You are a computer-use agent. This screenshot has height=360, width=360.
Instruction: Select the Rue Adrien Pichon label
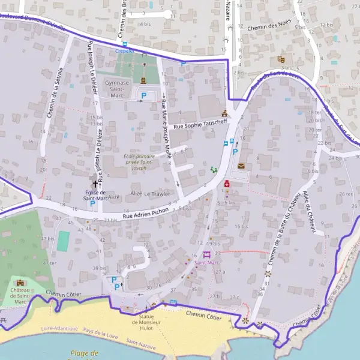146,214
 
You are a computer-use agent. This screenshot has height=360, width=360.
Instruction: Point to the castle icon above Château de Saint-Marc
21,283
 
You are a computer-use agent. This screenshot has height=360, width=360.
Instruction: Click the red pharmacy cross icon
227,184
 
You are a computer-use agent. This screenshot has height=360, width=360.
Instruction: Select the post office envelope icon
241,166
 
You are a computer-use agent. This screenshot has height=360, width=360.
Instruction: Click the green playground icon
214,170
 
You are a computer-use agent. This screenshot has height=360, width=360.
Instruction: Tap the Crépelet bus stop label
125,52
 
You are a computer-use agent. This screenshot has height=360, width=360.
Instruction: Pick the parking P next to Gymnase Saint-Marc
143,95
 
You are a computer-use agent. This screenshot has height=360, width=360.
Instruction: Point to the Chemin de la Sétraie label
51,99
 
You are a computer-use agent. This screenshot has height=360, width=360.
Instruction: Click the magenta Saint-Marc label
206,263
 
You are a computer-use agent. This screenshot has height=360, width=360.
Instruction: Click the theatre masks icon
280,60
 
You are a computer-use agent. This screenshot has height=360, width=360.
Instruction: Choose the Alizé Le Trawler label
150,194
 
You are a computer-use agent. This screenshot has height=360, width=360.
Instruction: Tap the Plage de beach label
84,353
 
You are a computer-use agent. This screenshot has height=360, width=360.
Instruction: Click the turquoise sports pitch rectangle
63,241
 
